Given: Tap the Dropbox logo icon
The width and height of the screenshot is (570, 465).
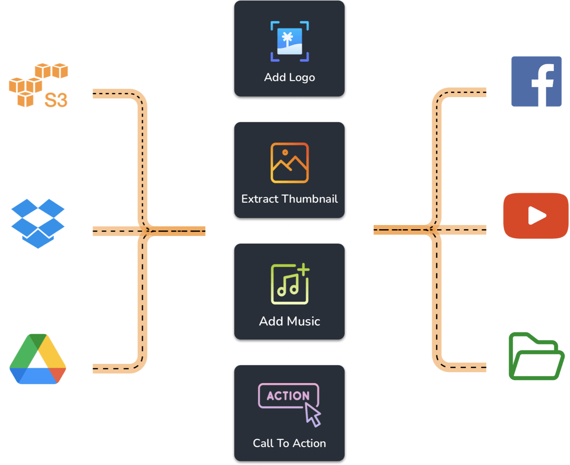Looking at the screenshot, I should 38,223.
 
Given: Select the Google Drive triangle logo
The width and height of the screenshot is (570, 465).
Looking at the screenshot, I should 38,359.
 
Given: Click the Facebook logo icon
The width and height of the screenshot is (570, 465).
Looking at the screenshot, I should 536,81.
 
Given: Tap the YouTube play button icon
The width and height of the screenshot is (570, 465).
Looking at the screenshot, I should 536,216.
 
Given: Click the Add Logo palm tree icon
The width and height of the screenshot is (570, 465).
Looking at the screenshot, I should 290,41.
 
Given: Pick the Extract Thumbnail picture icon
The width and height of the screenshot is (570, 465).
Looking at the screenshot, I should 290,163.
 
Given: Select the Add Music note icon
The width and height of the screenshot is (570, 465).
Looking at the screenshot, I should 290,284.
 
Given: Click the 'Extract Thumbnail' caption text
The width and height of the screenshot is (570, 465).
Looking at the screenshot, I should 290,199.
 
